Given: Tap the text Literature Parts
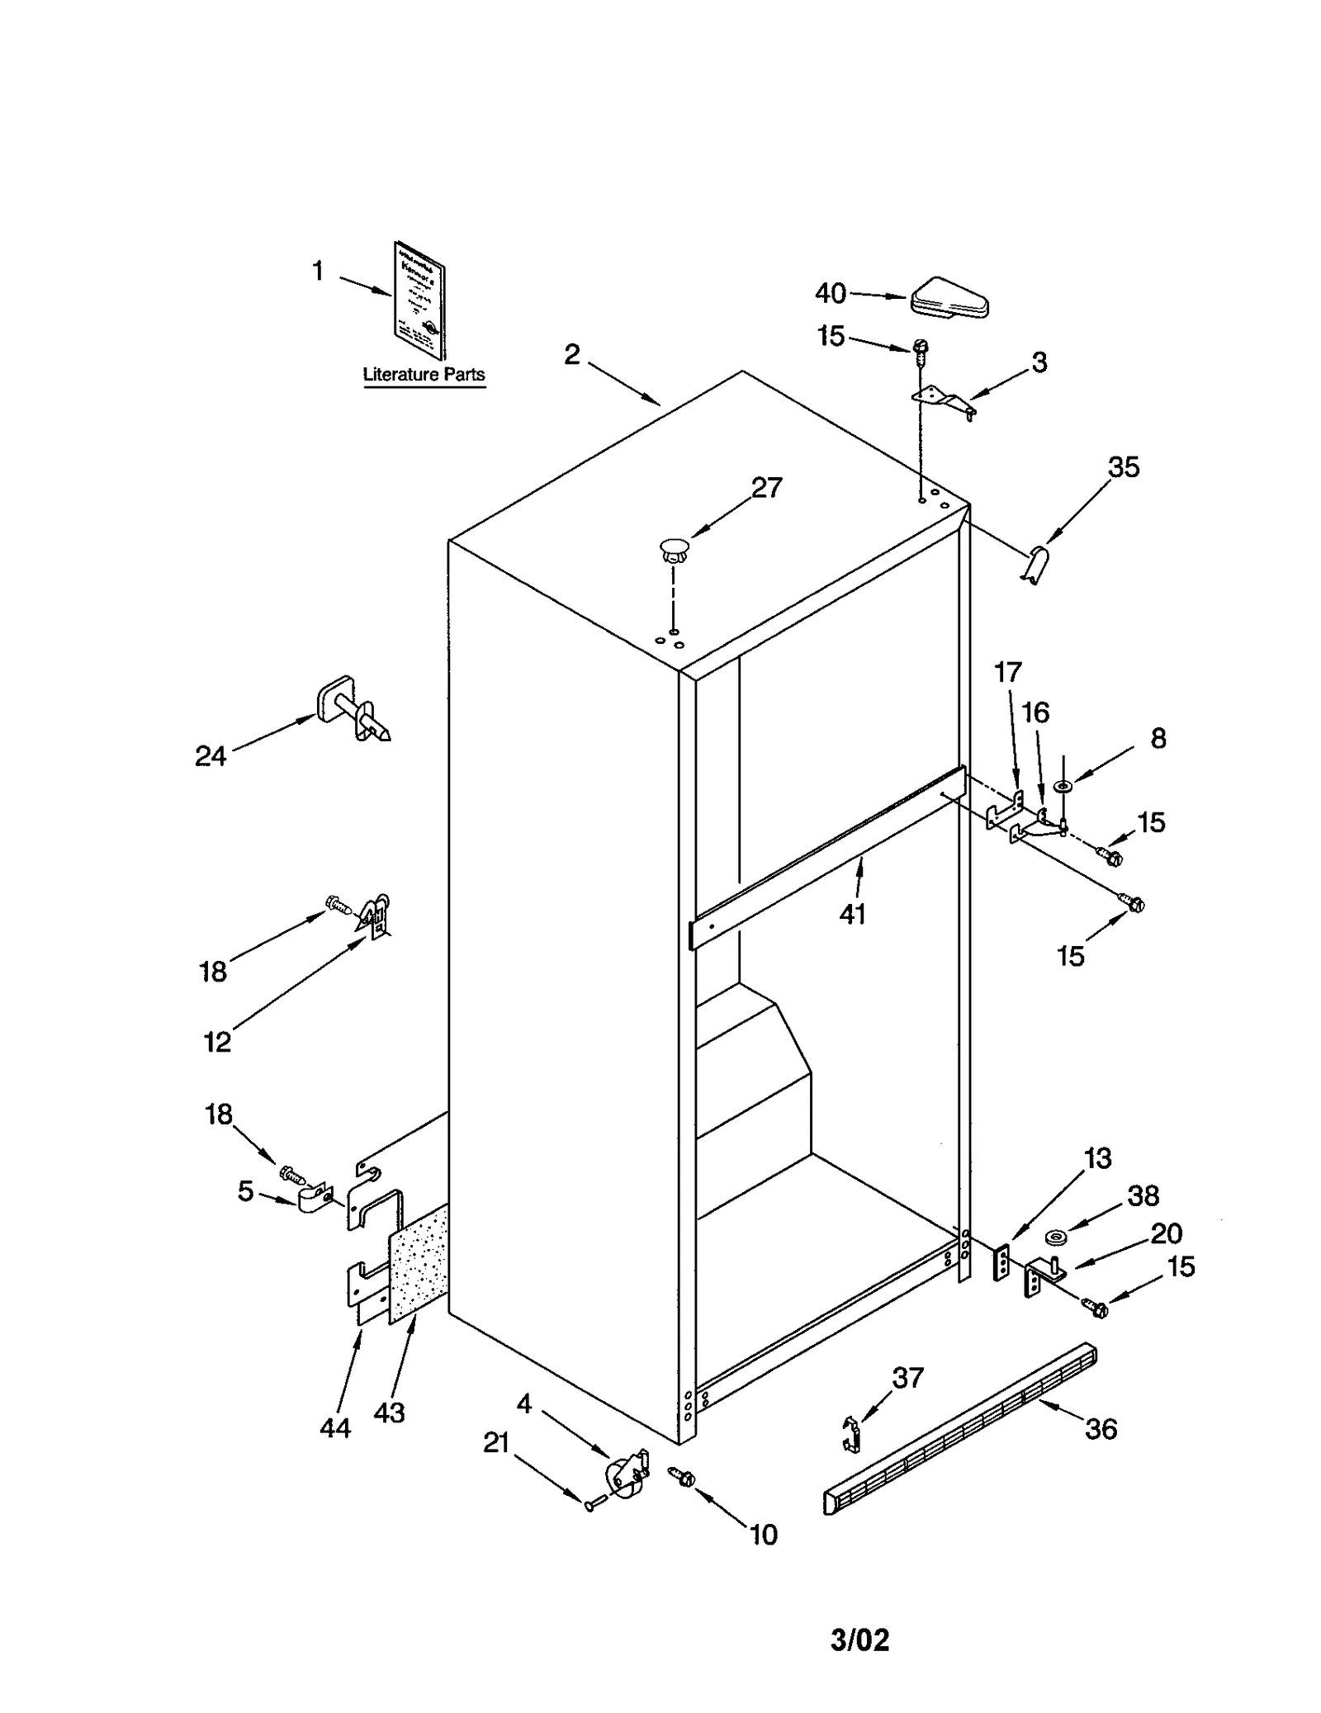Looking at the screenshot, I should click(424, 374).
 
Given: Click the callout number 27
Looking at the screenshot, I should click(766, 488).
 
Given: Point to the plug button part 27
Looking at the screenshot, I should click(675, 550).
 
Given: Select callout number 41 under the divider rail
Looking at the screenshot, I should click(852, 914).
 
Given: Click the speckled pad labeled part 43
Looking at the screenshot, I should click(419, 1263).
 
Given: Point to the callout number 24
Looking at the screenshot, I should click(211, 755).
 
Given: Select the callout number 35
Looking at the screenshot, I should click(1123, 467).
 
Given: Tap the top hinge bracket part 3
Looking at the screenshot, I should click(944, 400).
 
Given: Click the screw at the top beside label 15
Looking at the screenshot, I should click(922, 350).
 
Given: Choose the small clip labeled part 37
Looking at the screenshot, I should click(853, 1434).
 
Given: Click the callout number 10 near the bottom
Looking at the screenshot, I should click(763, 1535).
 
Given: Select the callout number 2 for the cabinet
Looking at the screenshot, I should click(572, 355).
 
